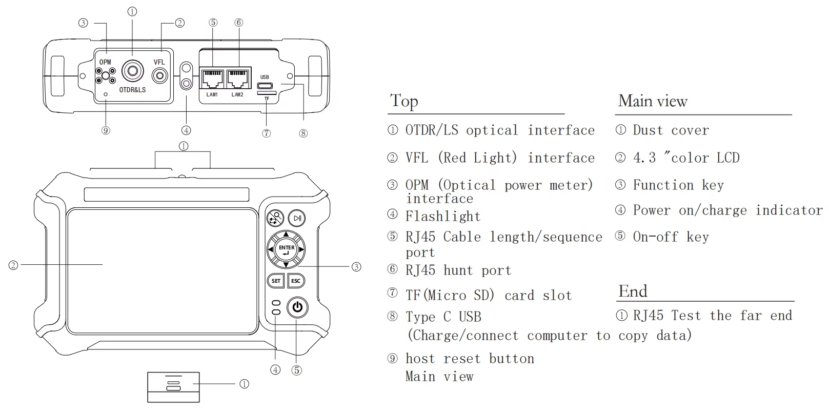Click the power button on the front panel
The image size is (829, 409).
coord(297,308)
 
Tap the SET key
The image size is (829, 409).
coord(276,281)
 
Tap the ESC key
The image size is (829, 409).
coord(296,281)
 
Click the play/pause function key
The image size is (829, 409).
coord(297,218)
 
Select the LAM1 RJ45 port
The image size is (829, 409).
coord(212,79)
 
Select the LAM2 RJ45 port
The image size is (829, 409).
coord(237,79)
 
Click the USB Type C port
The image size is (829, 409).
coord(265,86)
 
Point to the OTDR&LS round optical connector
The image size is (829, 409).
coord(132,72)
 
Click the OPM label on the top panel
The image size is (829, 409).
coord(105,62)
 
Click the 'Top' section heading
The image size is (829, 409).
coord(404,101)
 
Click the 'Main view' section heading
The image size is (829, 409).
coord(652,101)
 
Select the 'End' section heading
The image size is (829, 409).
coord(633,291)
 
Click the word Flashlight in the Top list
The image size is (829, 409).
coord(443,217)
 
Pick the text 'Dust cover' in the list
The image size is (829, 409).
coord(671,130)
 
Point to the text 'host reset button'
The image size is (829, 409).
coord(470,359)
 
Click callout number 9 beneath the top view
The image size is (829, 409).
coord(106,130)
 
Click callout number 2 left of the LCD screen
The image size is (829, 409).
coord(13,265)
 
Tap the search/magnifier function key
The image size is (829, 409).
coord(276,218)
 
